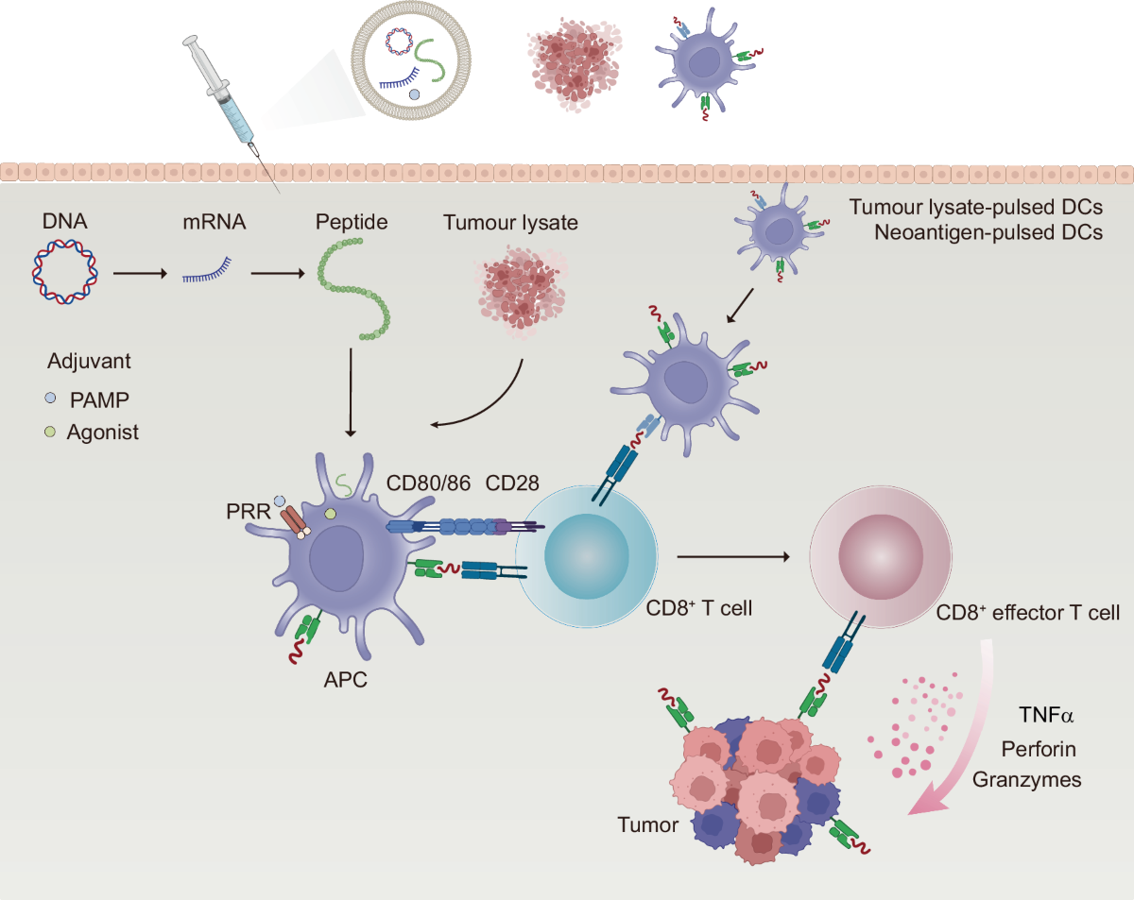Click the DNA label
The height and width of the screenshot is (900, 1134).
click(65, 221)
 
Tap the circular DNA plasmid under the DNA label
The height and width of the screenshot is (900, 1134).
click(34, 271)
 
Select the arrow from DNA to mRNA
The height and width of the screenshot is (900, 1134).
click(140, 273)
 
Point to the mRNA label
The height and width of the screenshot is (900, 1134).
click(214, 222)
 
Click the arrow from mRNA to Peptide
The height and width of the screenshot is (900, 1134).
click(278, 273)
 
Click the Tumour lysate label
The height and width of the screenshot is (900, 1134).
click(510, 222)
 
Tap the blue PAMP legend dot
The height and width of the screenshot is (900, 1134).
click(50, 399)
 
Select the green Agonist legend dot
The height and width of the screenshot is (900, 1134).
click(50, 433)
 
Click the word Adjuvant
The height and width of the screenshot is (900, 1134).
click(89, 362)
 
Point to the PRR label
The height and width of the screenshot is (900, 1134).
click(249, 511)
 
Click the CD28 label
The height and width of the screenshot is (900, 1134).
click(511, 483)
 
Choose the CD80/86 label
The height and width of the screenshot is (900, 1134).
click(428, 483)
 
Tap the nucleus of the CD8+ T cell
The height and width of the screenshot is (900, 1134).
click(587, 556)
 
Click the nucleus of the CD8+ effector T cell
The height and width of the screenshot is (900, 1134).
click(881, 556)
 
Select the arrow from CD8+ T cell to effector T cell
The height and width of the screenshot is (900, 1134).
click(733, 556)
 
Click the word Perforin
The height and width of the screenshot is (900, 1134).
click(1039, 749)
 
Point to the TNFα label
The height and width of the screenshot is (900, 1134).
click(1045, 715)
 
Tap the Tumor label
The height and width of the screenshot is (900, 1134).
click(647, 824)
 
